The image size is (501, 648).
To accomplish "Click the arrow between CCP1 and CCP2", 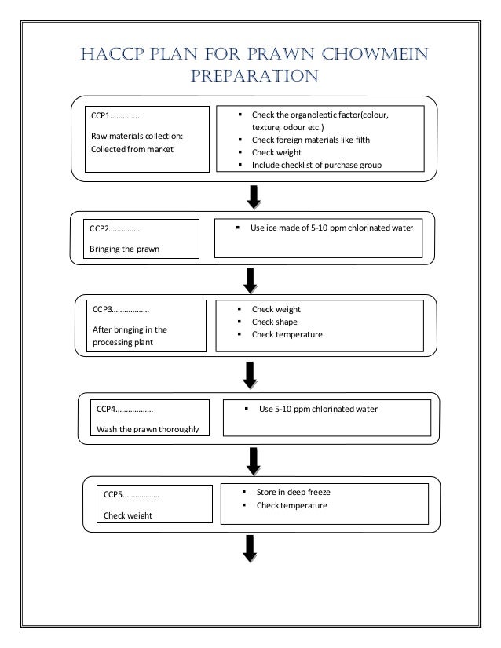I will [254, 197].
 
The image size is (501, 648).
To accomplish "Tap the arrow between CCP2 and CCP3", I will [250, 278].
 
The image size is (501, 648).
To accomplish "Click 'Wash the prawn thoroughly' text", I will [148, 428].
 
